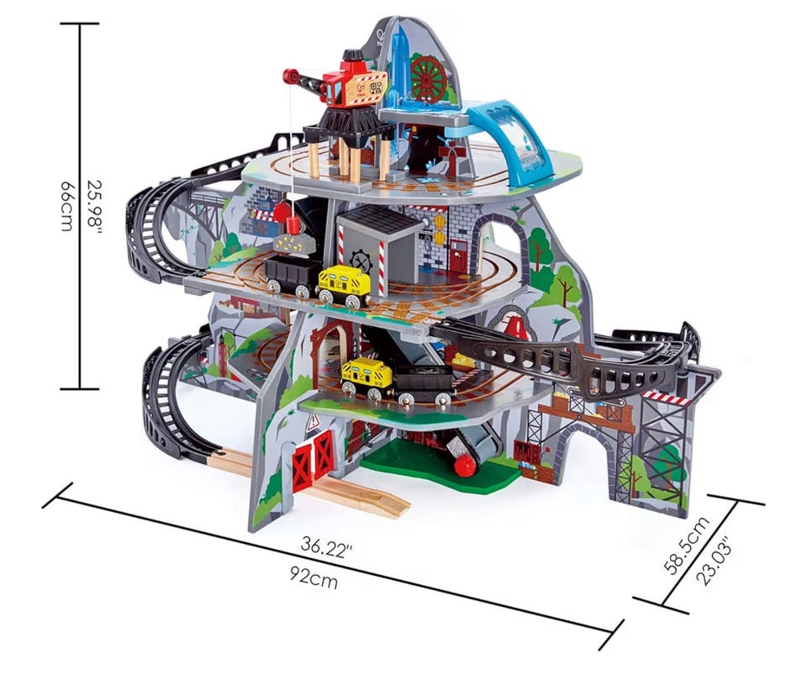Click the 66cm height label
coord(67,206)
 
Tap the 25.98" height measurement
coord(95,207)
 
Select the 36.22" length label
coord(326,546)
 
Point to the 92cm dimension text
coord(314,577)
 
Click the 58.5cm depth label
coord(686,545)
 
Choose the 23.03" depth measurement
coord(714,562)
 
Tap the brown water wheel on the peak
coord(427,76)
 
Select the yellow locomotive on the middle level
coord(344,287)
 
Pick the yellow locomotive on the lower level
coord(367,377)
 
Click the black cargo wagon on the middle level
coord(291,275)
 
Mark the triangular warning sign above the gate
coord(313,423)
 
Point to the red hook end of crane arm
coord(291,76)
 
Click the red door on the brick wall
coord(459,258)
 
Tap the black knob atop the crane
coord(353,55)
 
